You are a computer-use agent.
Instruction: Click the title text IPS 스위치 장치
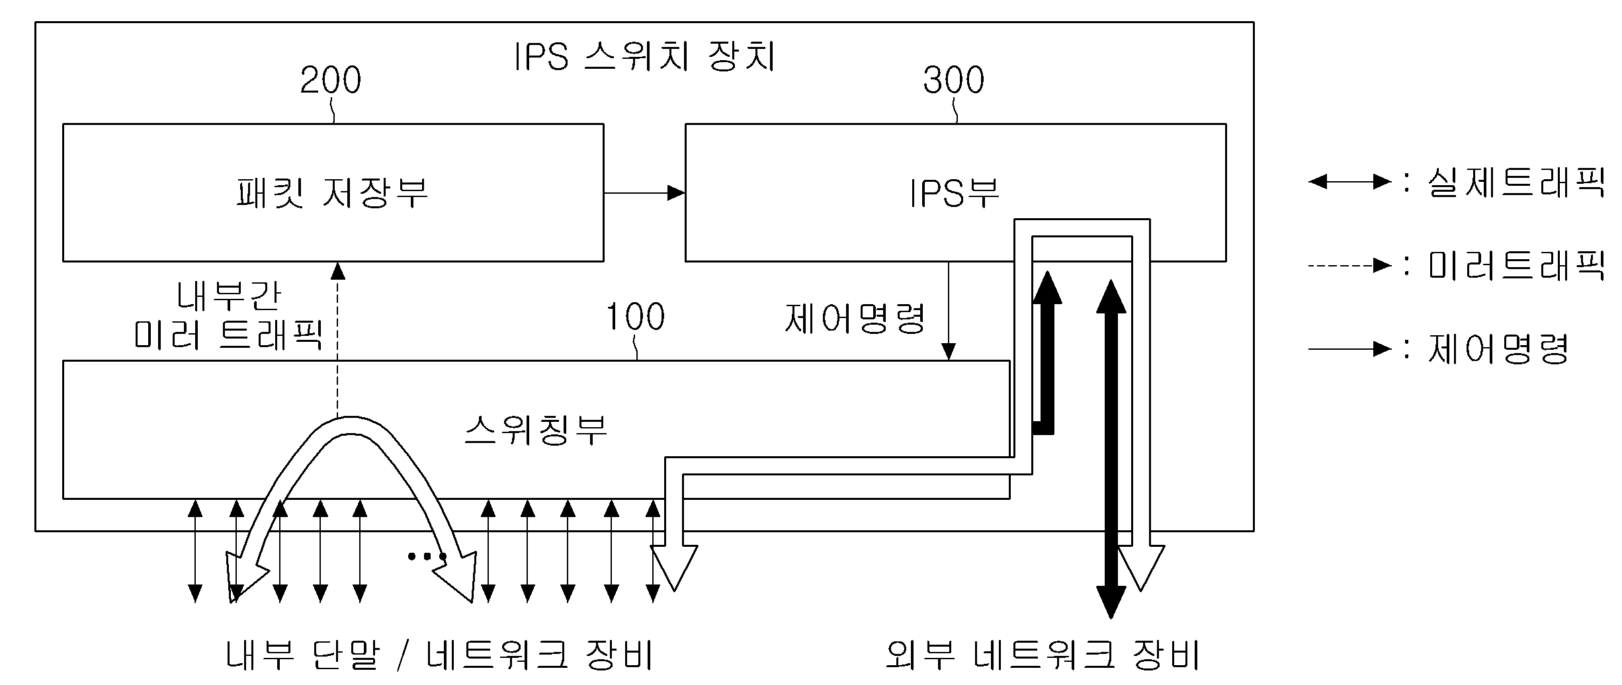645,58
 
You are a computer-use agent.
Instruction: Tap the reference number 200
330,81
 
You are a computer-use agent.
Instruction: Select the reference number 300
953,81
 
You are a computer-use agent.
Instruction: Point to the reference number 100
635,317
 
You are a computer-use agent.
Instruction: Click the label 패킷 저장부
332,193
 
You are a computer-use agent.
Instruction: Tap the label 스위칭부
536,430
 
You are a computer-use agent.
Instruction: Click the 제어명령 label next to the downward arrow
855,319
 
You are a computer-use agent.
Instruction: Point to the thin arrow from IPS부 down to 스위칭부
949,311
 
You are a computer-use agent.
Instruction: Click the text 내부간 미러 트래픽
228,316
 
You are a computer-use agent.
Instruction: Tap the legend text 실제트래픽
1515,181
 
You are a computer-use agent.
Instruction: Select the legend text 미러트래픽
1515,266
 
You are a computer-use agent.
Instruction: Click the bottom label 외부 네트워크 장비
1042,655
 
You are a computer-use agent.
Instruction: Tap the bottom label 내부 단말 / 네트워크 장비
440,655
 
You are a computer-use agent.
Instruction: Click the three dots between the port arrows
426,557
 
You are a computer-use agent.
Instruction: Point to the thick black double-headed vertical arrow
1111,450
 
